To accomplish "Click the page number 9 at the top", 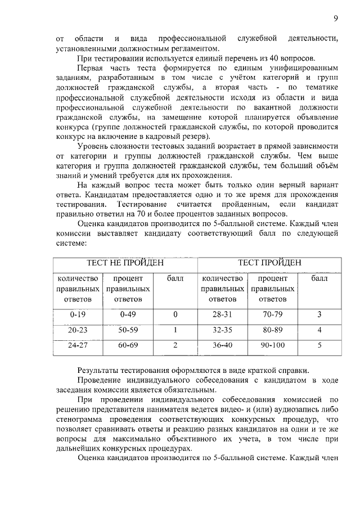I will pyautogui.click(x=335, y=19).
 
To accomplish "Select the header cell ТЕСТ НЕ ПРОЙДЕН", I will pyautogui.click(x=125, y=263).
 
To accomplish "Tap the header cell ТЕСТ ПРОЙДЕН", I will pyautogui.click(x=269, y=263).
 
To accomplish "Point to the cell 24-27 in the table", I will pyautogui.click(x=78, y=345).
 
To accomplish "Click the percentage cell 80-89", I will pyautogui.click(x=273, y=330).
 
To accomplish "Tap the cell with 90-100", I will pyautogui.click(x=273, y=345).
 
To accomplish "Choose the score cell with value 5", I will pyautogui.click(x=319, y=345).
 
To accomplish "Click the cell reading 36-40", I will pyautogui.click(x=221, y=345).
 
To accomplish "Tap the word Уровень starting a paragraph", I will pyautogui.click(x=91, y=146).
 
